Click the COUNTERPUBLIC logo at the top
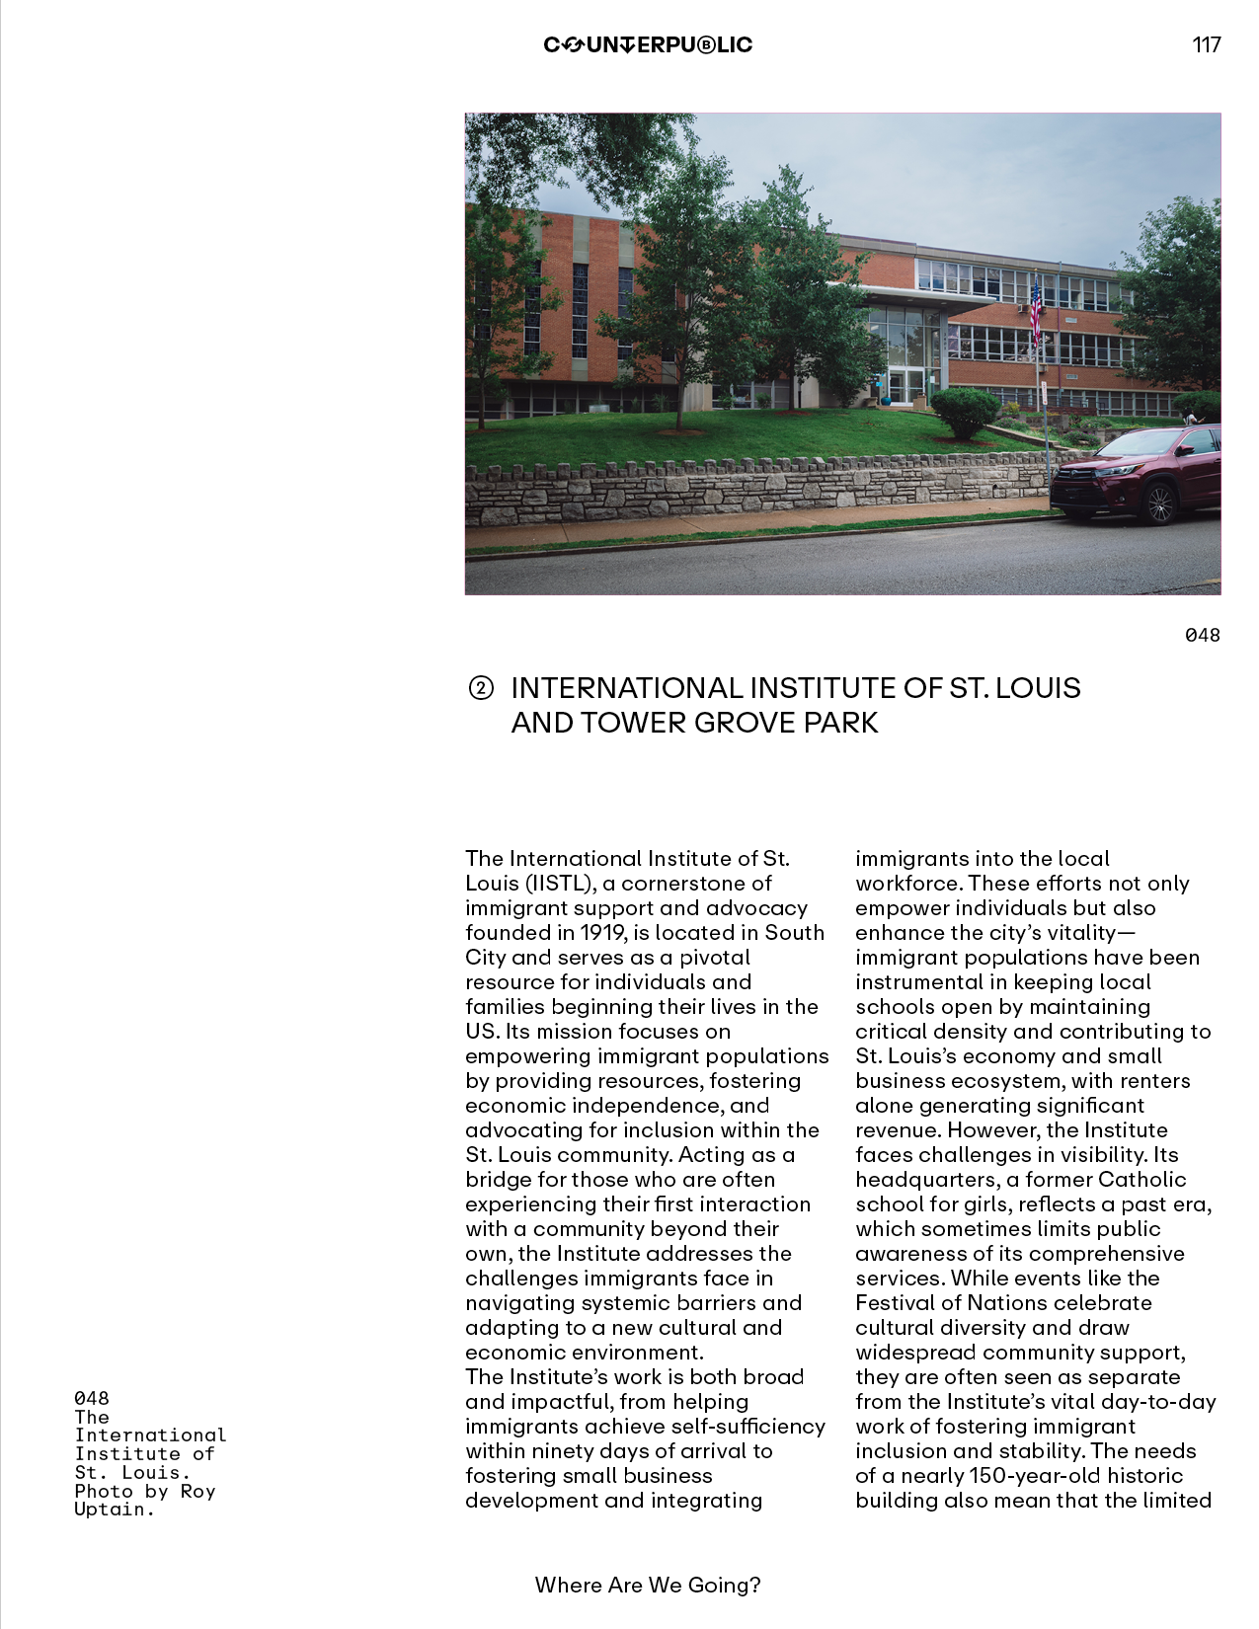pos(648,44)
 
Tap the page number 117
pos(1207,44)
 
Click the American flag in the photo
pos(1036,309)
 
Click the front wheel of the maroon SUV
pos(1160,504)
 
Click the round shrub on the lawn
pos(965,411)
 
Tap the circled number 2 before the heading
pos(480,688)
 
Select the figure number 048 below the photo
pos(1202,635)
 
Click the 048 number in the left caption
pos(92,1398)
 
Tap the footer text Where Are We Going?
pos(648,1585)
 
